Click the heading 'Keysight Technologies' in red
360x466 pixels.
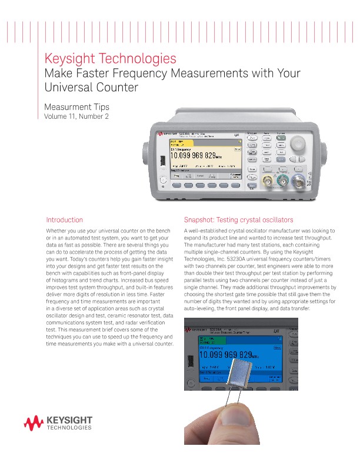[x=111, y=59]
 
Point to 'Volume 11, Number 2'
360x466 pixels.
[x=77, y=116]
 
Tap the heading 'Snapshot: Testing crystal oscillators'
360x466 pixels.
[x=238, y=219]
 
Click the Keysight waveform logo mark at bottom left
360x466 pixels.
[x=34, y=422]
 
